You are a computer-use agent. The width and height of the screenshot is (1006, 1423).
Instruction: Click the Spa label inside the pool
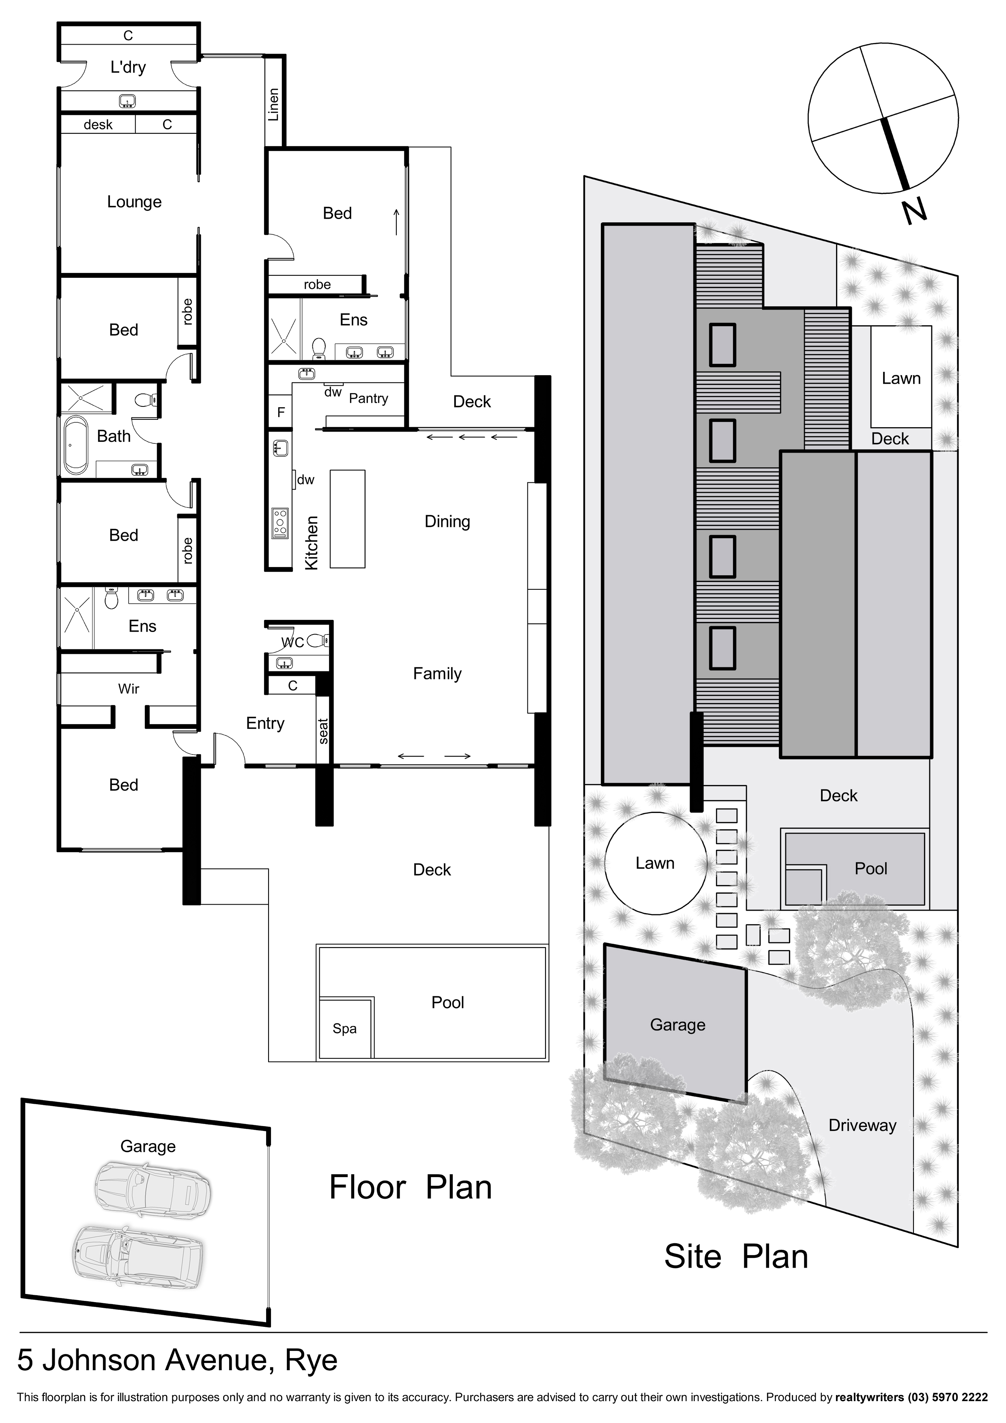point(345,1029)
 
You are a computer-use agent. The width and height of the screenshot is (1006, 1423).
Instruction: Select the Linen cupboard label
point(273,104)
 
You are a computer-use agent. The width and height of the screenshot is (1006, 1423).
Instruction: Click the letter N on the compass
point(914,211)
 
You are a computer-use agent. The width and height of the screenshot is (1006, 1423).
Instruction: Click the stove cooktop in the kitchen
point(280,524)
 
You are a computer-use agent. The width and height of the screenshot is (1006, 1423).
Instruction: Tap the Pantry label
point(368,398)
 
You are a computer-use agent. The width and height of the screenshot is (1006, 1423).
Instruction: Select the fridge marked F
point(281,412)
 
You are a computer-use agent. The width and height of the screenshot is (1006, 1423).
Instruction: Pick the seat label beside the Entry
point(323,731)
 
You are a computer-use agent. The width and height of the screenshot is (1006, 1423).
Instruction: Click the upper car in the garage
point(153,1188)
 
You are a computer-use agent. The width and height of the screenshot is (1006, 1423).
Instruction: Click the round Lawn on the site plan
point(655,863)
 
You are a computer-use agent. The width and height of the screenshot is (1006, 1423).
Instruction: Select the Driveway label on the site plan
point(862,1125)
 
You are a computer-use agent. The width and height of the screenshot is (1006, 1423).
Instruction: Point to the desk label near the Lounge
point(98,125)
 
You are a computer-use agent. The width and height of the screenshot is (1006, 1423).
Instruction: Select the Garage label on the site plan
point(677,1025)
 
